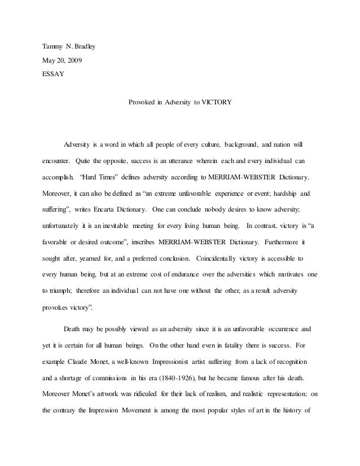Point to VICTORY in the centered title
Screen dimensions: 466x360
pyautogui.click(x=213, y=103)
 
